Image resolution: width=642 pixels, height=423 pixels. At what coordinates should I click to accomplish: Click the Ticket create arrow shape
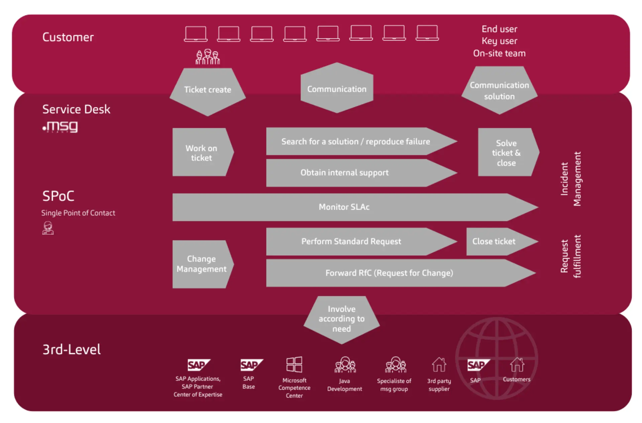coord(208,90)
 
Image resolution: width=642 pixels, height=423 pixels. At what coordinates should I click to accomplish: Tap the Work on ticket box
coord(202,152)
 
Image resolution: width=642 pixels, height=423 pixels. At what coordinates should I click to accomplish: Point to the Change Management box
coord(202,264)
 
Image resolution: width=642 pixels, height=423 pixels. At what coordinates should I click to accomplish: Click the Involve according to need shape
coord(341,319)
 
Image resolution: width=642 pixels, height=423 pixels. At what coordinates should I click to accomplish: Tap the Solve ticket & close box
coord(506,153)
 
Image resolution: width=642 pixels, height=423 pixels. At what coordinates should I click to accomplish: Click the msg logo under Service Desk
coord(61,127)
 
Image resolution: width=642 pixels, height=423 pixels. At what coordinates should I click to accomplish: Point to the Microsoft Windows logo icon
coord(294,364)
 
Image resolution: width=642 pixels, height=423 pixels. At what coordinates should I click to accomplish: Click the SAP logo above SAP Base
coord(251,365)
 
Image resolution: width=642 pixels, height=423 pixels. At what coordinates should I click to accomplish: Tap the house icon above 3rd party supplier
coord(439,364)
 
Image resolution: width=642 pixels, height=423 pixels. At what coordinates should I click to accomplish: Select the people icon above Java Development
coord(345,365)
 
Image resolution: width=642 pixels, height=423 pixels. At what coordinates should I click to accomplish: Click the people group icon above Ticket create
coord(208,57)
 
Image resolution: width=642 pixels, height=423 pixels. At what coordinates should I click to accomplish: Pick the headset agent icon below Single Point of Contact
coord(48,228)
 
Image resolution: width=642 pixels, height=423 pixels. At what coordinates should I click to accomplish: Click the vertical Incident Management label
coord(571,179)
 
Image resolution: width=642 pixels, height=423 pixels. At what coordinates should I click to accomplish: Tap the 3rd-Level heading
coord(72,350)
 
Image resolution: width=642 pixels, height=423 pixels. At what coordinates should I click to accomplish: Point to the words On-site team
coord(499,54)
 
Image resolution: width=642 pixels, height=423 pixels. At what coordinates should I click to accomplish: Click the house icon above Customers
coord(517,364)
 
